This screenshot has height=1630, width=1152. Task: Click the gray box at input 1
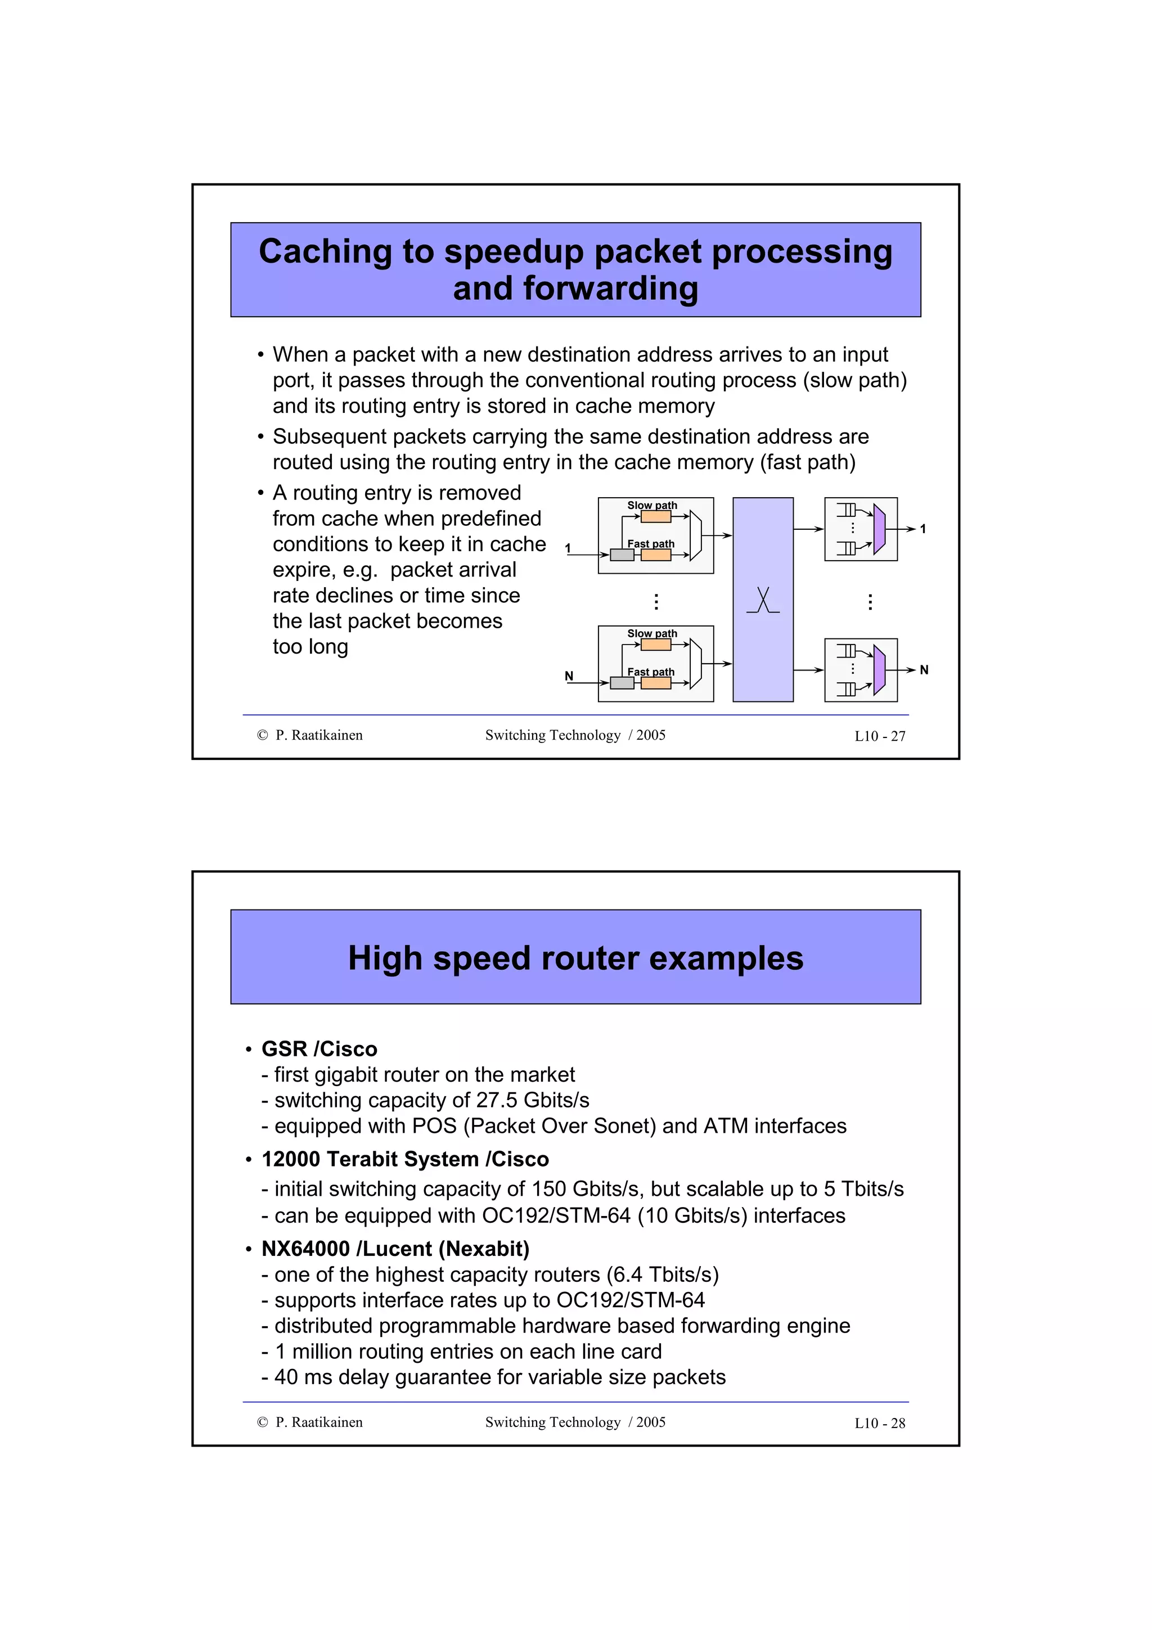(622, 555)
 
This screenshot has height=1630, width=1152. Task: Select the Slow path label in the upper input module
(651, 506)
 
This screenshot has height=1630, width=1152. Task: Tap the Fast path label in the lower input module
(650, 672)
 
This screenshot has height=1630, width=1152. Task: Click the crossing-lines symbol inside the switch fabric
(763, 601)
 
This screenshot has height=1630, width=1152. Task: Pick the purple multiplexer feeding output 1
(879, 529)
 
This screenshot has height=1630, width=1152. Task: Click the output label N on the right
(924, 669)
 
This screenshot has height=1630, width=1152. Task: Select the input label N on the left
(569, 676)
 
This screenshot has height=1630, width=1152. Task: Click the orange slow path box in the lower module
(655, 645)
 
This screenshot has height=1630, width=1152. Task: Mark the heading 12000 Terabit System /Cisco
(404, 1159)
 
